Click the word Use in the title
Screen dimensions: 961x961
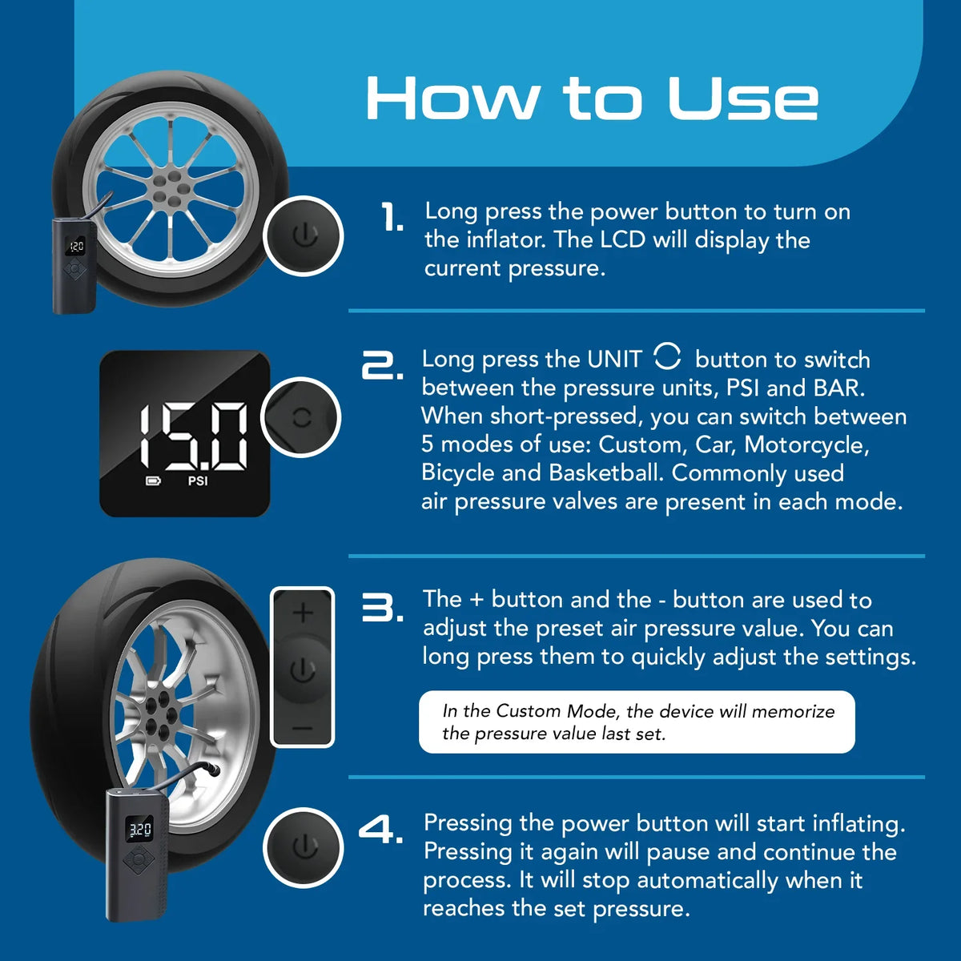(x=742, y=99)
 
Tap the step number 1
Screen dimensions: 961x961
(x=392, y=217)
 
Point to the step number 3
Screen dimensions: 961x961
(x=383, y=607)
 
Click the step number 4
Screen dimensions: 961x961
(x=381, y=830)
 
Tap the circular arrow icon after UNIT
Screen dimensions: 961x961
(x=667, y=356)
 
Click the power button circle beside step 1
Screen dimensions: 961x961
(x=304, y=236)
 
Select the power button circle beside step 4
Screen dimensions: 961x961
(x=304, y=848)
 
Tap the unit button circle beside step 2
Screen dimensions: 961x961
(x=301, y=417)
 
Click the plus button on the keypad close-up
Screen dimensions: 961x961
(x=303, y=613)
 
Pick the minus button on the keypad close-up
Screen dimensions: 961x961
(x=302, y=729)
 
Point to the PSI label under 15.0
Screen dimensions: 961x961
(x=198, y=481)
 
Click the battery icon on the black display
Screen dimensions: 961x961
(x=153, y=481)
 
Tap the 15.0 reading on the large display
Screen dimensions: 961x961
(x=193, y=436)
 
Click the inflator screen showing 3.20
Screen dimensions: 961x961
(x=139, y=830)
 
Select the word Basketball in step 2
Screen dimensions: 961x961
(x=605, y=472)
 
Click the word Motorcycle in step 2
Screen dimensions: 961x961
(x=806, y=445)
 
